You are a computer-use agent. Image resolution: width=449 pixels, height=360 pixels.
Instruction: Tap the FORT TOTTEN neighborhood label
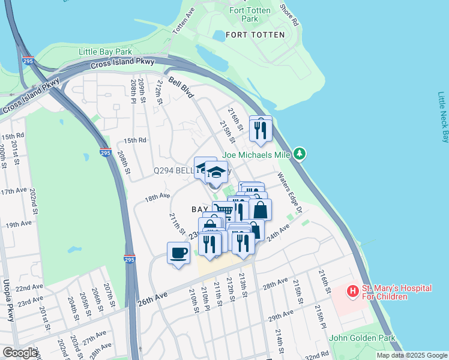255,35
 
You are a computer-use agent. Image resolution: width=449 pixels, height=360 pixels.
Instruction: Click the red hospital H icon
353,291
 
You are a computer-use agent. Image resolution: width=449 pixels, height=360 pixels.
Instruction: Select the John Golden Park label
362,338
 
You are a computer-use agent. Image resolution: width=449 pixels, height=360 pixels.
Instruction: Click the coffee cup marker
178,254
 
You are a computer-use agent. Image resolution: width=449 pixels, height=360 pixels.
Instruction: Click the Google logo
20,353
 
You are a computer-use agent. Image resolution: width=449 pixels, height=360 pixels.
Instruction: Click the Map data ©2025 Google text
412,355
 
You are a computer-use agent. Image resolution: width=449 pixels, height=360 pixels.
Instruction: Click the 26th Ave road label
150,298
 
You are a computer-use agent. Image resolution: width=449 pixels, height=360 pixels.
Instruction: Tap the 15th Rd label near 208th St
135,140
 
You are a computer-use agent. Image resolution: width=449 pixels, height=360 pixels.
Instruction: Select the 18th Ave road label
157,196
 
